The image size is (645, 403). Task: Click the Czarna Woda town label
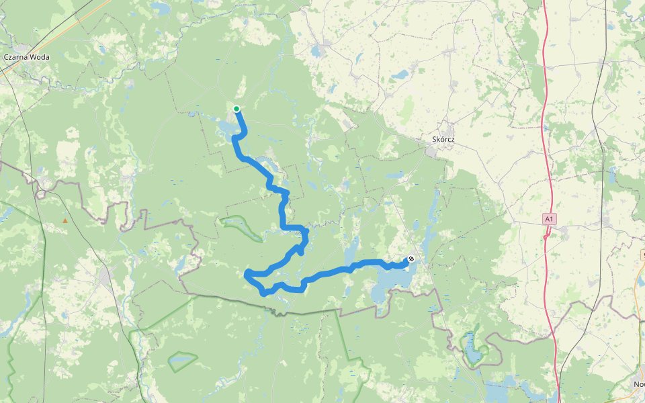tap(26, 57)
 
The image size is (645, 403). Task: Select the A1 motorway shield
tap(549, 219)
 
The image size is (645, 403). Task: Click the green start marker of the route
tap(236, 109)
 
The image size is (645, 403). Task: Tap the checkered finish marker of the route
tap(411, 259)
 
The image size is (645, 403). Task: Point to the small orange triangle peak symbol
tap(65, 220)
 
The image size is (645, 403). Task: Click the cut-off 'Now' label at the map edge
tap(638, 384)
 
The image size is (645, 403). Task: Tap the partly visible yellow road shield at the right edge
tap(642, 255)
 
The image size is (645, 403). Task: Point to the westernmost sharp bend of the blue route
tap(247, 273)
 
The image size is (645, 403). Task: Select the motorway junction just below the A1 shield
tap(550, 232)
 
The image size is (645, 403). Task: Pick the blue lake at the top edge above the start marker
tap(160, 7)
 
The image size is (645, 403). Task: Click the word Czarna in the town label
tap(15, 57)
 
